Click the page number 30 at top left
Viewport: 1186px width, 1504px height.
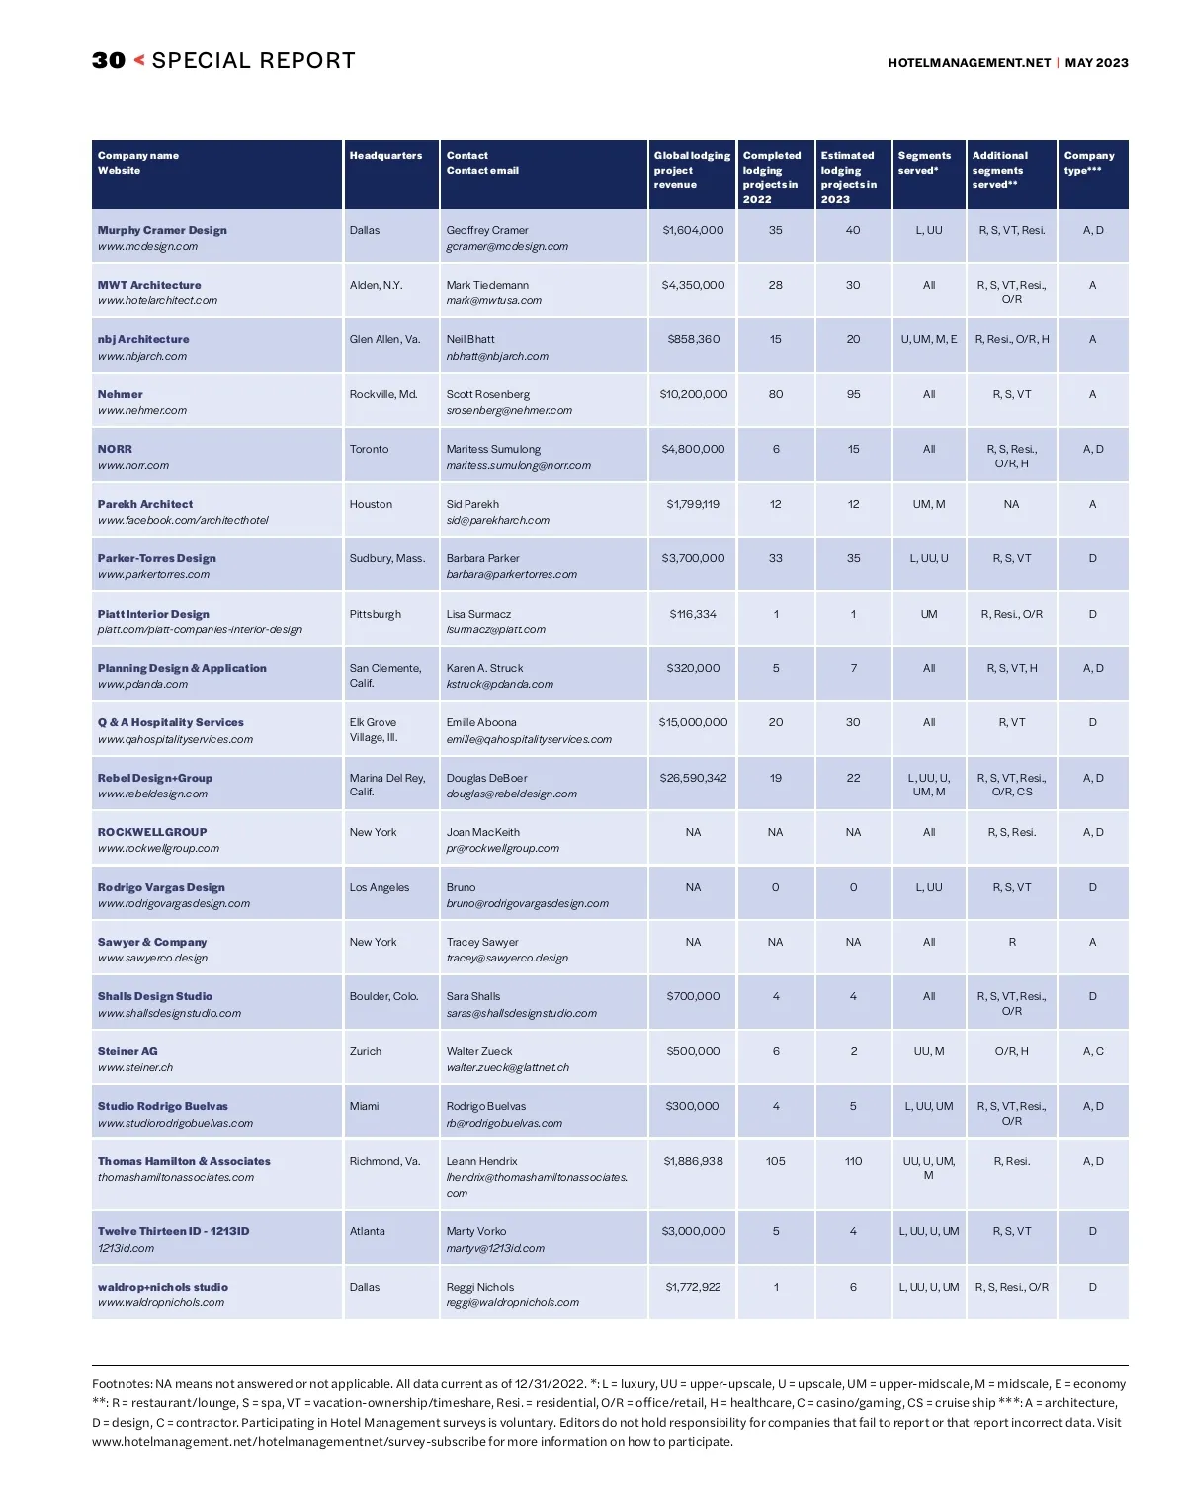[109, 61]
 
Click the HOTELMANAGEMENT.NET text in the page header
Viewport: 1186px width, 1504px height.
[969, 63]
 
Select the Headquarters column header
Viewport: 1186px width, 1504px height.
[385, 156]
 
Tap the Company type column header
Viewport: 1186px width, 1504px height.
[1088, 163]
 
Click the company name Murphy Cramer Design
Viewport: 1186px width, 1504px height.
[162, 230]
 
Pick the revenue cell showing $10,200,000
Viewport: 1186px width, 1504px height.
[693, 394]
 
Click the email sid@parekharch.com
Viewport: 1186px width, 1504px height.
[497, 520]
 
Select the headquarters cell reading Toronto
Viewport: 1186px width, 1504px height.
[369, 449]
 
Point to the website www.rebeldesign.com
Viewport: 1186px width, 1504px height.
[152, 794]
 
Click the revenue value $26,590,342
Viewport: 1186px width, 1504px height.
[693, 778]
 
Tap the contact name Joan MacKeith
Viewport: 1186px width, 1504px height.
[482, 832]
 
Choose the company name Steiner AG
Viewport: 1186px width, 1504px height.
[127, 1051]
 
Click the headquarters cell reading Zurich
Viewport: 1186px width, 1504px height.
[365, 1051]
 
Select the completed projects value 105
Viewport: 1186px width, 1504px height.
[775, 1161]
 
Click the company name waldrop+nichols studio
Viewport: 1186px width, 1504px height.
[162, 1287]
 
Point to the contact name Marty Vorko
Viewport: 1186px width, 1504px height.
[475, 1231]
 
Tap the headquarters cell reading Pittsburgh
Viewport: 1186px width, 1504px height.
[375, 614]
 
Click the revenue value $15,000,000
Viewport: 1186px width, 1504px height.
[693, 722]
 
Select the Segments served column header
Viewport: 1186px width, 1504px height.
[924, 163]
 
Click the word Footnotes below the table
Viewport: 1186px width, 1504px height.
[122, 1384]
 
